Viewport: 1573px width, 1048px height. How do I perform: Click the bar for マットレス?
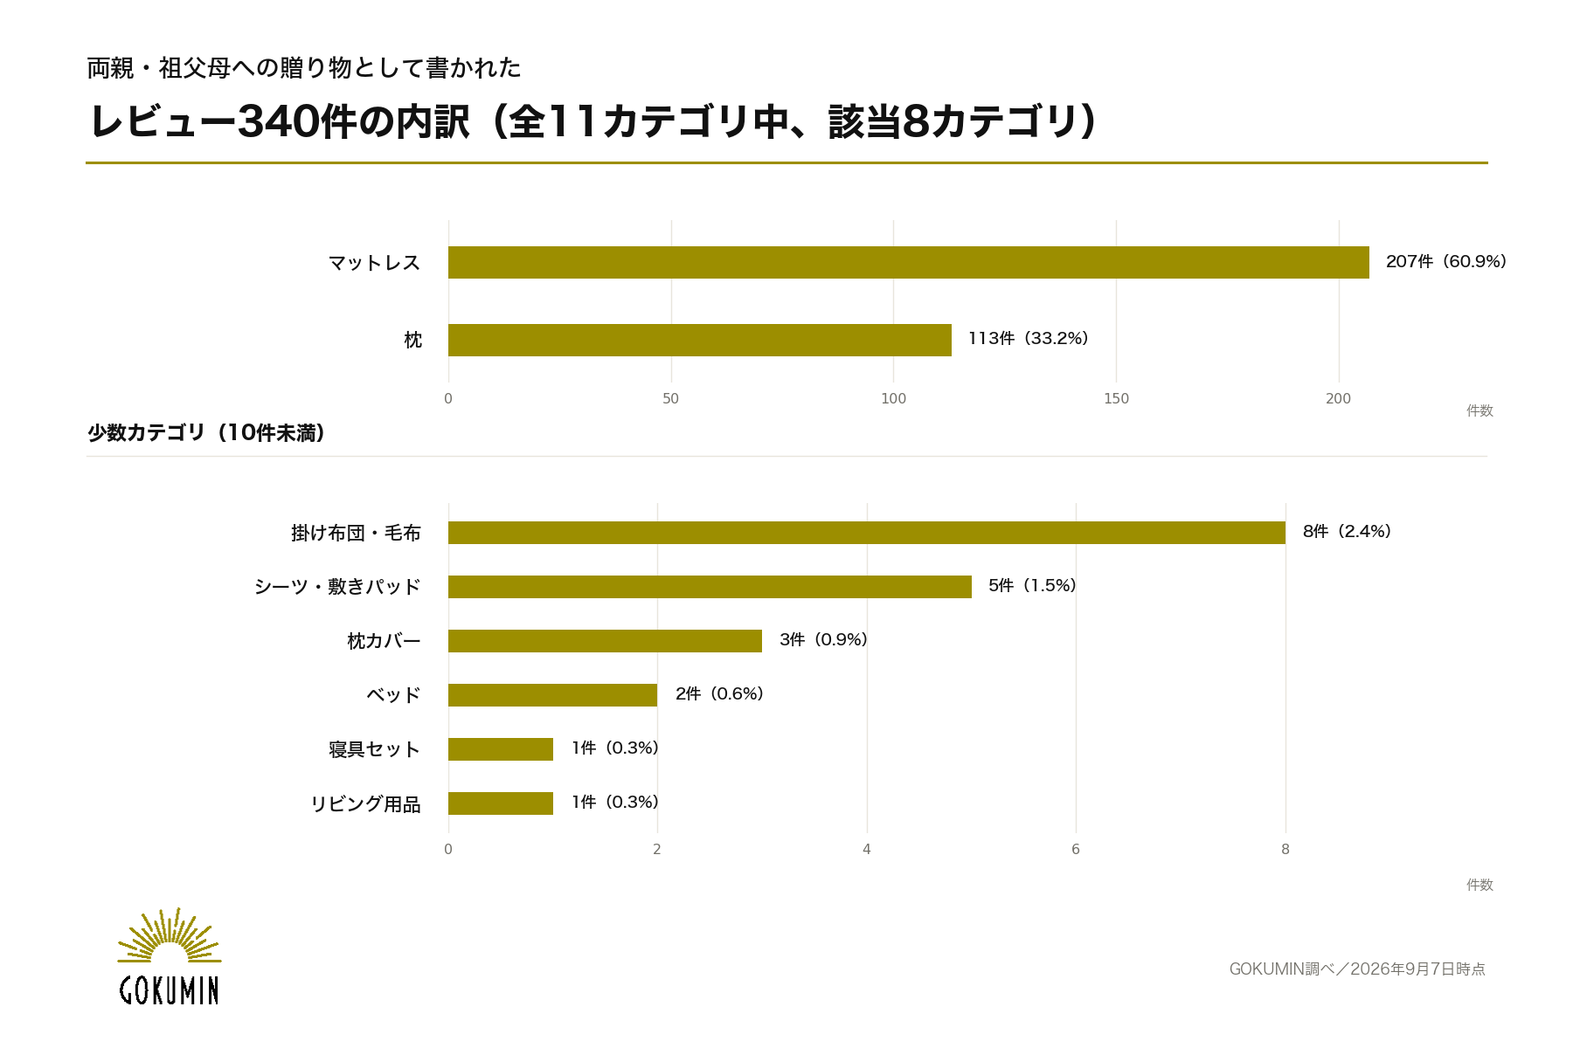pos(909,262)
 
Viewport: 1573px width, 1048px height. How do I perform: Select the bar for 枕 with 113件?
pos(700,340)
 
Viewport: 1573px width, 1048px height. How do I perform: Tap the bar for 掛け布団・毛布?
pos(867,533)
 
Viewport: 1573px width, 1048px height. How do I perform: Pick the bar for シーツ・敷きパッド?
pos(710,587)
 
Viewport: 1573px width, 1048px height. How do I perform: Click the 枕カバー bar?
pos(605,641)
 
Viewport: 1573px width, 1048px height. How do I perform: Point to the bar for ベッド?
pos(552,695)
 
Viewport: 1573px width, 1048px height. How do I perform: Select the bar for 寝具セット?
pos(501,749)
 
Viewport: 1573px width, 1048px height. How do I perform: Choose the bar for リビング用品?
pos(501,803)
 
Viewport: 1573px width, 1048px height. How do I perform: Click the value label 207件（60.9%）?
pos(1446,262)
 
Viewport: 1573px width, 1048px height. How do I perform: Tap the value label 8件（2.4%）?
pos(1347,532)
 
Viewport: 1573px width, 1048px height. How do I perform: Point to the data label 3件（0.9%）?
pos(823,640)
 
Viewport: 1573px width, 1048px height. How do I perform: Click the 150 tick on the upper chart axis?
pos(1116,399)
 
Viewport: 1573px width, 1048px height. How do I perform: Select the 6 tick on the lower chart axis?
pos(1076,850)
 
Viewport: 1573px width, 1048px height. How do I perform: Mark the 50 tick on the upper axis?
pos(670,399)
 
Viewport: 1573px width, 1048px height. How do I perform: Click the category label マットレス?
pos(374,263)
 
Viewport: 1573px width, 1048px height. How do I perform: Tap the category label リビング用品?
pos(365,804)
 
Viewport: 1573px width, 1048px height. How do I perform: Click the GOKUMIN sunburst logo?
pos(169,956)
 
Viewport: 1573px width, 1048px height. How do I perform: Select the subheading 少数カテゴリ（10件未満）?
pos(206,433)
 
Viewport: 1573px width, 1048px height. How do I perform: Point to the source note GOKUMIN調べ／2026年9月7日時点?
pos(1357,969)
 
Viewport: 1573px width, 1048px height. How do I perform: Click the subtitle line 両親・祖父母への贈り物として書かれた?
pos(304,68)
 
